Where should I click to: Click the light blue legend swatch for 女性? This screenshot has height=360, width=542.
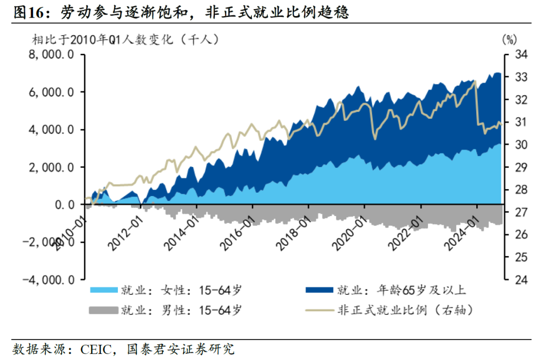point(103,290)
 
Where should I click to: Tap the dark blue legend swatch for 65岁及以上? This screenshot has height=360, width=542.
point(319,290)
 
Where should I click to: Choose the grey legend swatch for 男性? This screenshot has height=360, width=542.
point(103,310)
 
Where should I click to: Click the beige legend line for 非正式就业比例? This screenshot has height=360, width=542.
point(319,310)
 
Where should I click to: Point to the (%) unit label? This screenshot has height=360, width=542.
point(508,39)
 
